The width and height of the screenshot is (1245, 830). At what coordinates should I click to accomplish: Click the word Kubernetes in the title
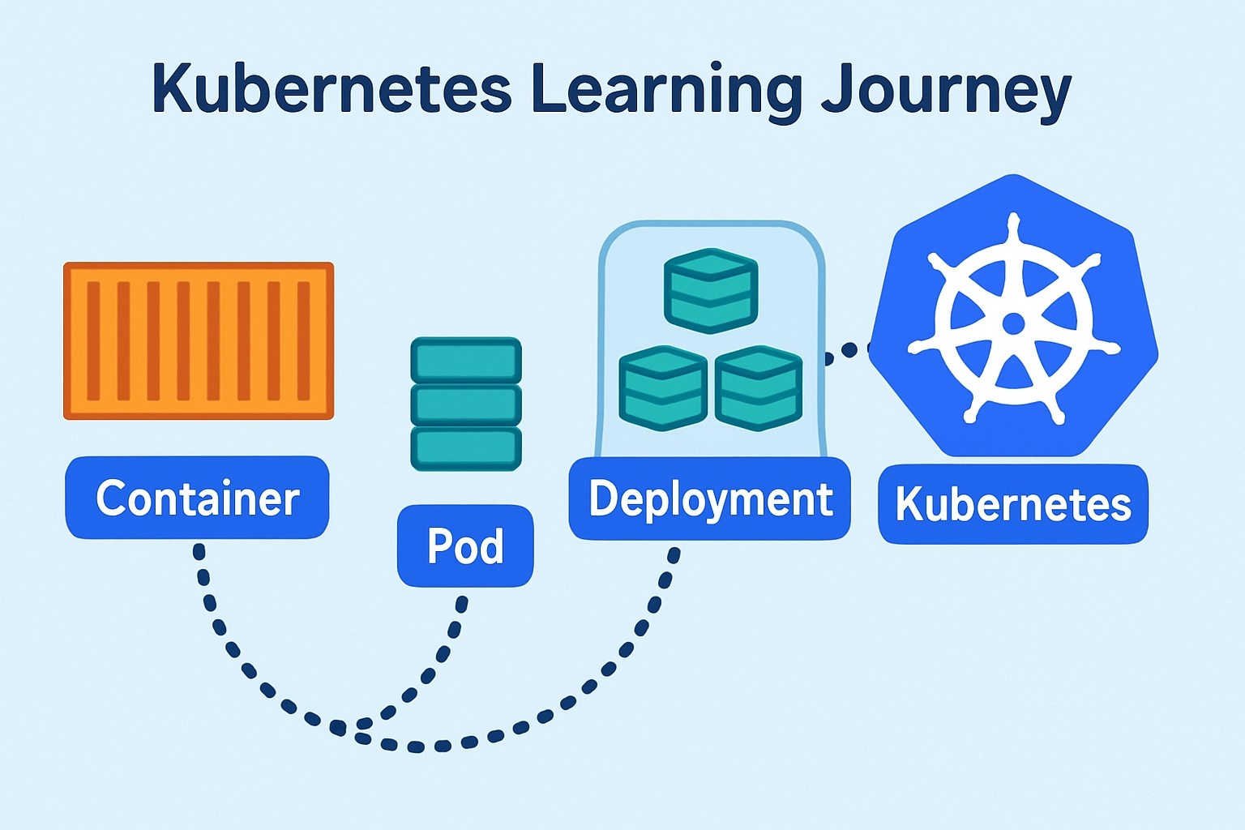coord(331,89)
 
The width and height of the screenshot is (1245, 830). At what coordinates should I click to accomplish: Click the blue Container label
coord(197,498)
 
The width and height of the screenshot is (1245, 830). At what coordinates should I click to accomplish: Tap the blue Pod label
coord(465,545)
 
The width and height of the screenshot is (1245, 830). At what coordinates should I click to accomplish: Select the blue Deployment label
coord(710,498)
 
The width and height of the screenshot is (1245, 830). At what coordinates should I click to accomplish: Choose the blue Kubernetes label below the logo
coord(1013,504)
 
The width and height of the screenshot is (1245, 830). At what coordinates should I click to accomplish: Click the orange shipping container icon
coord(199,340)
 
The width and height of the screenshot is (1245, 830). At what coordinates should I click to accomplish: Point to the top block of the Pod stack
coord(466,360)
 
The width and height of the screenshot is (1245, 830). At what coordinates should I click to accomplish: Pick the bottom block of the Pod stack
coord(466,448)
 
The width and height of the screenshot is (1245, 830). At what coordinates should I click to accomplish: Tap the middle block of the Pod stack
coord(466,404)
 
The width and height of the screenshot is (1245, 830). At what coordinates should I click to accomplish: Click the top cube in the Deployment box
coord(711,290)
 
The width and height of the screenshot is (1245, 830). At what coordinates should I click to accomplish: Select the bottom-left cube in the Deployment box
coord(662,387)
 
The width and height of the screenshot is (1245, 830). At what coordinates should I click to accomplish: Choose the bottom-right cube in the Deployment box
coord(759,387)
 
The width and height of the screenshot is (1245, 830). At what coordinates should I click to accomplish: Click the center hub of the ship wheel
coord(1013,324)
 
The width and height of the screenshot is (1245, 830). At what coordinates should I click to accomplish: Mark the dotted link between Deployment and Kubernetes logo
coord(848,350)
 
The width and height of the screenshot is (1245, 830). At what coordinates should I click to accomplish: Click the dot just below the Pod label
coord(462,604)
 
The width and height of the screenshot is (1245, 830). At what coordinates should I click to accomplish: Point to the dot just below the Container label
coord(199,553)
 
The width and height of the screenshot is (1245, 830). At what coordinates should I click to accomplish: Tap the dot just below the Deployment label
coord(674,555)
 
